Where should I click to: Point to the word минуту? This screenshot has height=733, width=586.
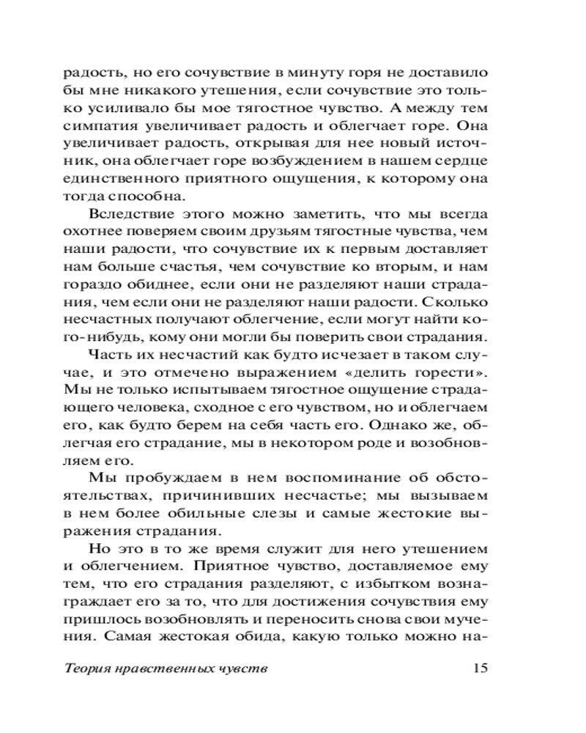tap(297, 74)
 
